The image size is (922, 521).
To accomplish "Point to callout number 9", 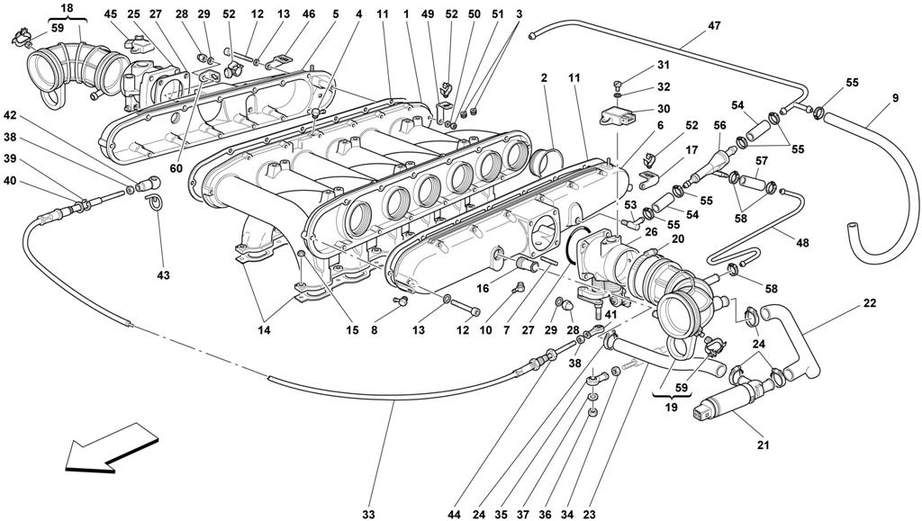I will click(894, 98).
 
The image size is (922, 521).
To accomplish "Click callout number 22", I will click(869, 303).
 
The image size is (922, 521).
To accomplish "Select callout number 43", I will click(163, 274).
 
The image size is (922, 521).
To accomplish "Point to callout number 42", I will click(10, 115).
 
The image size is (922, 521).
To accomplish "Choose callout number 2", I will click(545, 79).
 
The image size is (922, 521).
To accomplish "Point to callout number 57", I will click(761, 160).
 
